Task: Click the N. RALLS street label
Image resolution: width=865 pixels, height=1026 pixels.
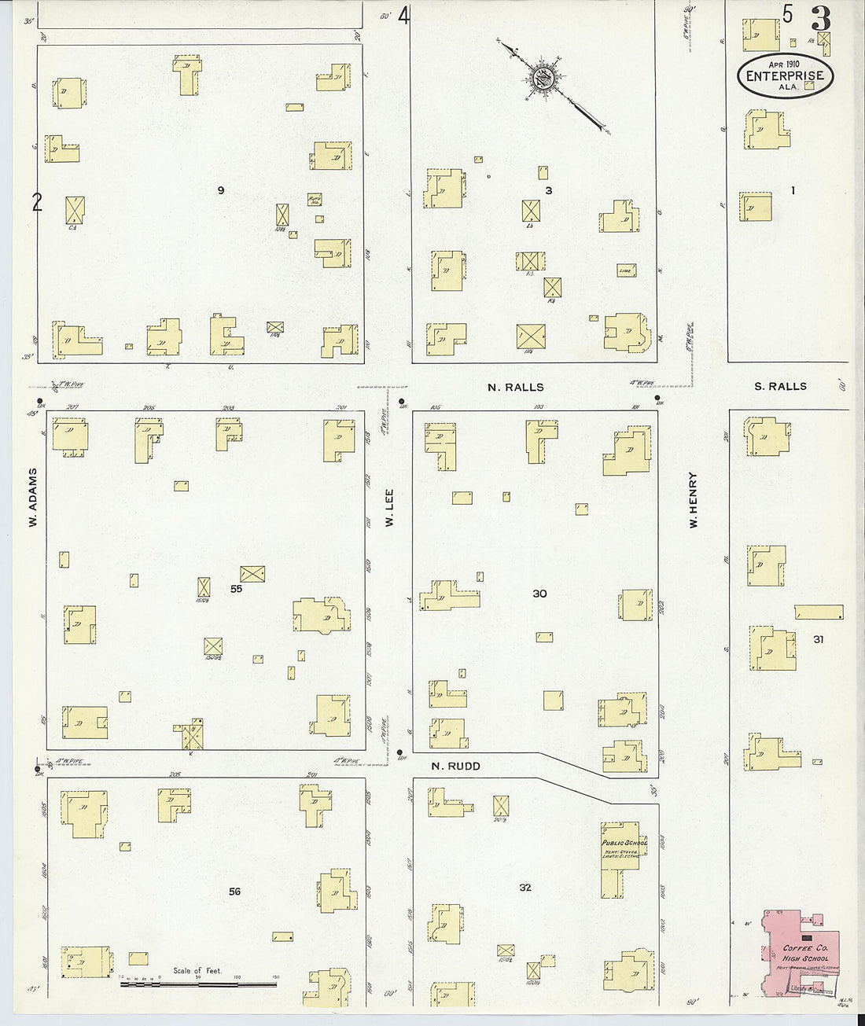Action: coord(515,387)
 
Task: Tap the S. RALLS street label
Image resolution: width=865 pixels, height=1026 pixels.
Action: coord(780,386)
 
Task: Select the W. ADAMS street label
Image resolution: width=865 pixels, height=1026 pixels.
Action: coord(33,498)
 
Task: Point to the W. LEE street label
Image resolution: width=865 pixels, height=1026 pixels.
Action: coord(389,509)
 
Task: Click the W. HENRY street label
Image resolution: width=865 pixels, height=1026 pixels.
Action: coord(694,499)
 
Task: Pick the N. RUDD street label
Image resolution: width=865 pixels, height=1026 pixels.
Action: coord(455,766)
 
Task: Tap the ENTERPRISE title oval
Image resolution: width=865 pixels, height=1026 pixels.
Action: coord(785,76)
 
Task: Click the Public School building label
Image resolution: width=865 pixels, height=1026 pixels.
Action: coord(624,843)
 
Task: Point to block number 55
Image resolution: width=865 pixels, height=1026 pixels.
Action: coord(236,588)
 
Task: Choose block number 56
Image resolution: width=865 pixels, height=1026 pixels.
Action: coord(234,891)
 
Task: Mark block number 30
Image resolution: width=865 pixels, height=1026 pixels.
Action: coord(539,594)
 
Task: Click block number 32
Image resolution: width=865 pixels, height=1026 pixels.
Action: coord(525,888)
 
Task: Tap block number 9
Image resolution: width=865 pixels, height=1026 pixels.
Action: coord(221,190)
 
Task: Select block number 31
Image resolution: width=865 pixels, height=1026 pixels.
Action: coord(819,639)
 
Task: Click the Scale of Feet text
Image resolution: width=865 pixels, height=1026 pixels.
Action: coord(197,971)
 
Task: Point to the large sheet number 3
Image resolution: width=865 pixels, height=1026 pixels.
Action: coord(822,18)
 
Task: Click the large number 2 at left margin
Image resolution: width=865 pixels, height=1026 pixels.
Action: coord(36,203)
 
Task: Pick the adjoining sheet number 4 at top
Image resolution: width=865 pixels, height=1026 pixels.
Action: coord(404,16)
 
